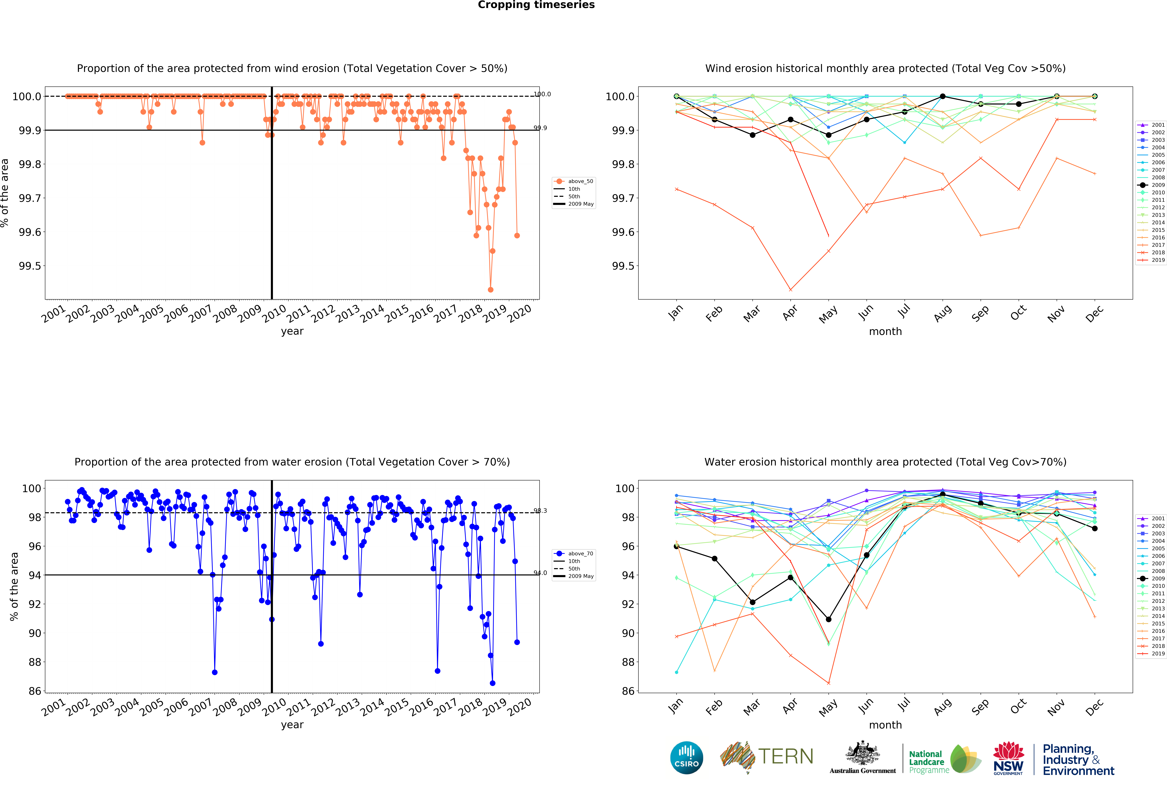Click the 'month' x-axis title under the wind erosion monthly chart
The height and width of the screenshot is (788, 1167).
coord(885,331)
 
